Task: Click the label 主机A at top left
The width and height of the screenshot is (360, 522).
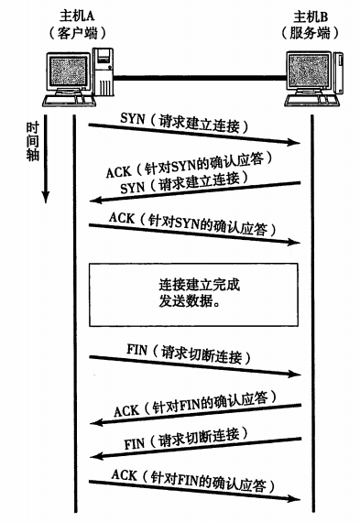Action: tap(68, 16)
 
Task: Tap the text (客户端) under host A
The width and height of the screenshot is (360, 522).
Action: tap(68, 32)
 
